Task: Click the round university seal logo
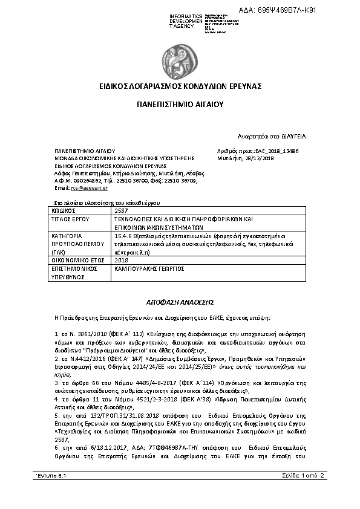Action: click(x=180, y=57)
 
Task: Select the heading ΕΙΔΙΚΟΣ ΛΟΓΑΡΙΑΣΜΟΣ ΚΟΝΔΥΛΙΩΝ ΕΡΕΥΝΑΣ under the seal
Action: click(x=180, y=86)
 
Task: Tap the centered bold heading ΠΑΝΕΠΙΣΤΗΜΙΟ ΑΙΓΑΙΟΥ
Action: click(x=180, y=104)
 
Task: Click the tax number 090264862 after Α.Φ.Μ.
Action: click(x=77, y=180)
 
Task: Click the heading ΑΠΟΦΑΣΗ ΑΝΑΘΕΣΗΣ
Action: click(x=180, y=300)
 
